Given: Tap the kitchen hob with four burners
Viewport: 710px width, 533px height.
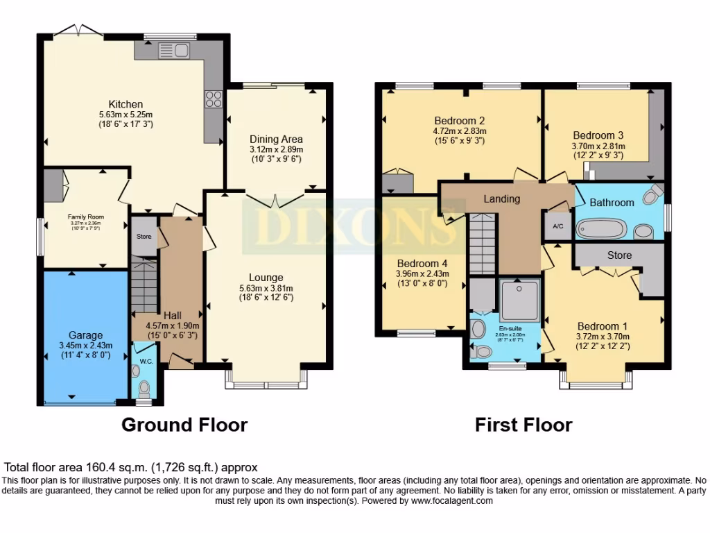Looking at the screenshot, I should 212,99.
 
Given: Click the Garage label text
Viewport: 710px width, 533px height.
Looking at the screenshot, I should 85,335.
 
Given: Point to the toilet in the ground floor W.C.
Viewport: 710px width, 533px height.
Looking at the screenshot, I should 144,387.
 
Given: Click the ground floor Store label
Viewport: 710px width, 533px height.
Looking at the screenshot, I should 144,237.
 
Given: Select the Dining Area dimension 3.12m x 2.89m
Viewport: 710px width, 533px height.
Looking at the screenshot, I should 277,149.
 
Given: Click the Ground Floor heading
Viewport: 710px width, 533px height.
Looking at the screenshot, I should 184,424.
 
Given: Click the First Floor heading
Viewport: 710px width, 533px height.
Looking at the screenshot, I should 523,424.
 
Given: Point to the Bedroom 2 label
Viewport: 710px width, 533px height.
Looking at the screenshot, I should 460,119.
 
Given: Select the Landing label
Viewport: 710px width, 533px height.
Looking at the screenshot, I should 502,199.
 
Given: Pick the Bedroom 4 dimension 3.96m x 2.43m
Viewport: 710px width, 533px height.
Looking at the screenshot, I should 422,274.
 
